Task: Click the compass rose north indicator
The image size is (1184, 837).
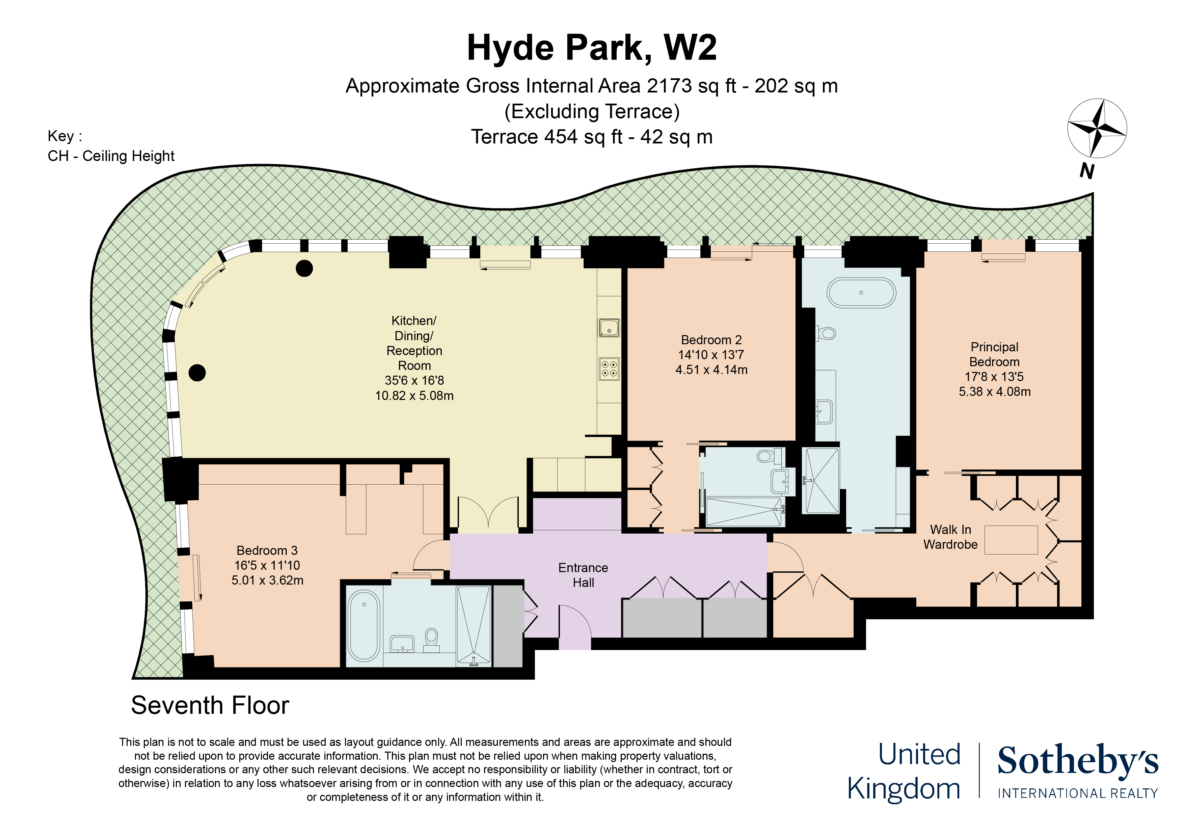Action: [x=1096, y=128]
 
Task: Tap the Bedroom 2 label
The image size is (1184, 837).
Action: [x=711, y=340]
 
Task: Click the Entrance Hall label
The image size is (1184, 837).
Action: [x=583, y=575]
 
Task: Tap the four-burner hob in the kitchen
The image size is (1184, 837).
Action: [x=609, y=369]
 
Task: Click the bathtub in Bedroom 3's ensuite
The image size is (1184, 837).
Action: [x=364, y=625]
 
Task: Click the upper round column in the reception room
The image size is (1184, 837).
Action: [x=304, y=268]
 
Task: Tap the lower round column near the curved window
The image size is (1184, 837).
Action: [x=197, y=372]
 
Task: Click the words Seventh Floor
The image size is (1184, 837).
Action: [x=210, y=705]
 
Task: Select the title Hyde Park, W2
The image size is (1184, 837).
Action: [x=591, y=48]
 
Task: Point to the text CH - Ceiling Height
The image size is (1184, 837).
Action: [x=111, y=156]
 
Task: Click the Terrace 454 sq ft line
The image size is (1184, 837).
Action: [x=591, y=137]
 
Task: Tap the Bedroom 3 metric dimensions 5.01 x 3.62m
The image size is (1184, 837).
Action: [x=267, y=580]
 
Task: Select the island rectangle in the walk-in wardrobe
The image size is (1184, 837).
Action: [x=1011, y=540]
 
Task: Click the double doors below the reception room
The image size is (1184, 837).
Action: [x=488, y=515]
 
